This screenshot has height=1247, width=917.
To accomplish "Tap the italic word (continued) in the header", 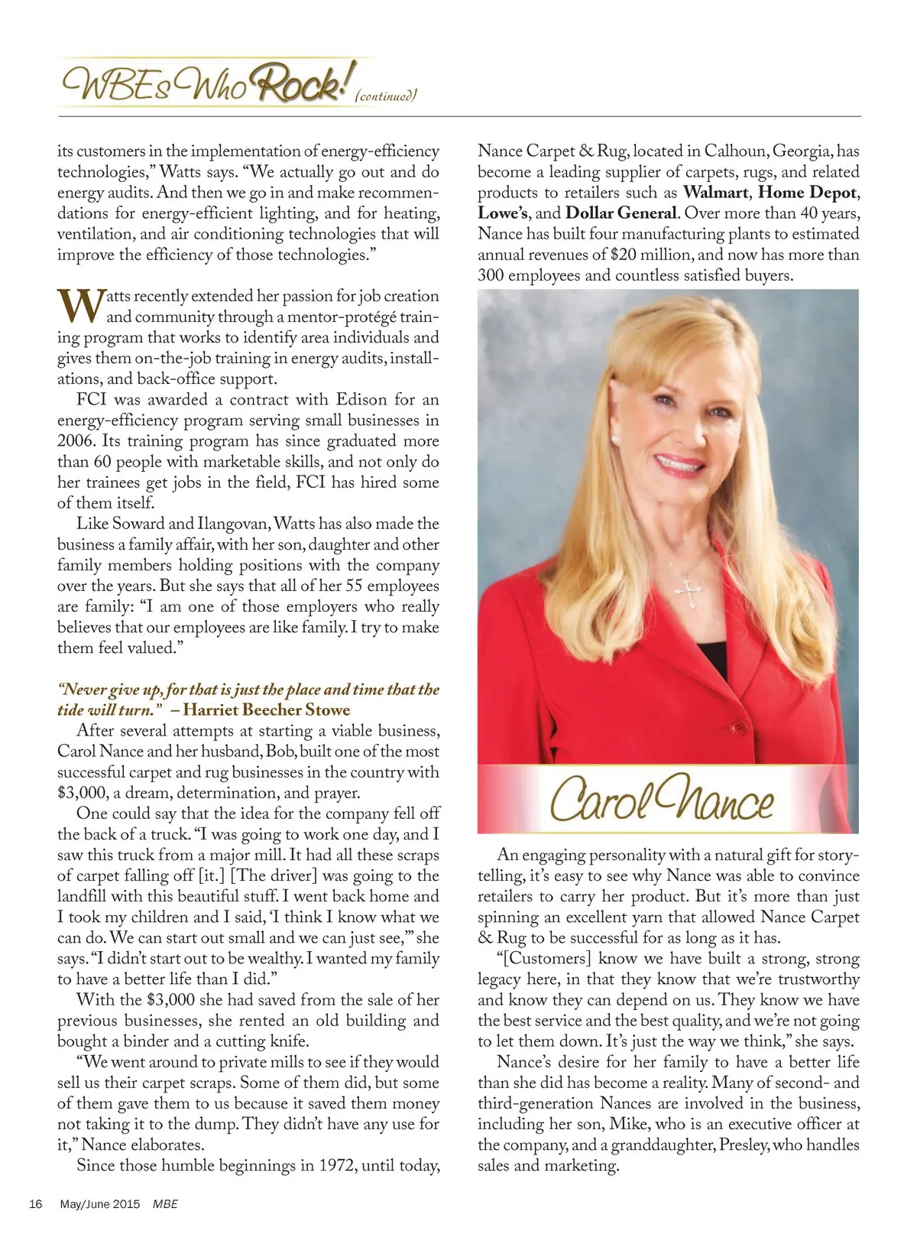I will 386,96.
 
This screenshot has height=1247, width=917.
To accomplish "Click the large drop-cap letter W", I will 79,306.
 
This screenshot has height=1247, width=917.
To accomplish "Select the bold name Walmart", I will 715,193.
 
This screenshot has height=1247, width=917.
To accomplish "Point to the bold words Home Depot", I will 808,193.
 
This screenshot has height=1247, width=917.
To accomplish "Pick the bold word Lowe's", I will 504,213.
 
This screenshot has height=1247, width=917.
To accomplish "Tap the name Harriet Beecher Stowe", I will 267,710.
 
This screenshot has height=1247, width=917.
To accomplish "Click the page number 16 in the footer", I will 35,1204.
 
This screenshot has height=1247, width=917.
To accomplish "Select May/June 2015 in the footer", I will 100,1204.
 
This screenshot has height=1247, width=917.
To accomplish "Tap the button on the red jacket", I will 739,726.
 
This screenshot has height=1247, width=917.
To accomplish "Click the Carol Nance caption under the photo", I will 662,800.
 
